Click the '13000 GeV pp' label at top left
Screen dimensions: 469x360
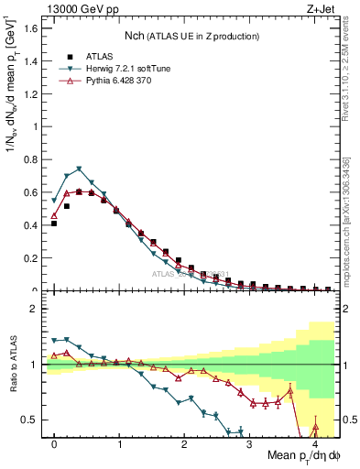point(74,8)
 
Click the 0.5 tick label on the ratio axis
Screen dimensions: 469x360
point(33,420)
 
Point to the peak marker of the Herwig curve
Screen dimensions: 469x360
point(79,169)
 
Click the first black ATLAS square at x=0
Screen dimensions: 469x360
point(54,224)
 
